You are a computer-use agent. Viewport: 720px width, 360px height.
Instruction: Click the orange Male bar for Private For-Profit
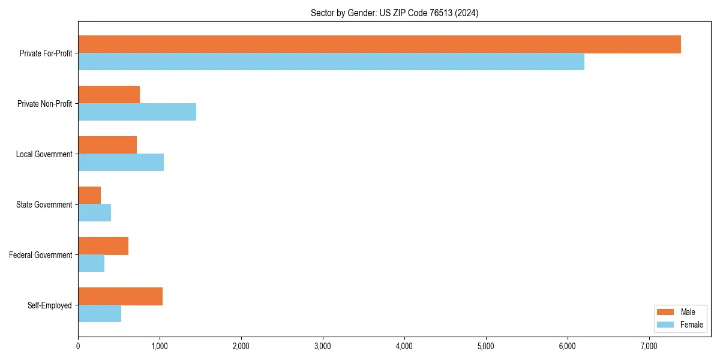point(379,44)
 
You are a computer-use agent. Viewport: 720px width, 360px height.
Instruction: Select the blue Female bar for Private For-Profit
point(331,62)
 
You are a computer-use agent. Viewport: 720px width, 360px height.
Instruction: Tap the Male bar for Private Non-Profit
point(109,95)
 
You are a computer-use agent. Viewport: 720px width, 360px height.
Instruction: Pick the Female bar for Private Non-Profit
point(137,112)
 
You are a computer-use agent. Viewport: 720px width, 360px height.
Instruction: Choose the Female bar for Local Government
point(121,163)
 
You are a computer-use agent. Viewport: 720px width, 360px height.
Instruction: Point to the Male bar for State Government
point(89,196)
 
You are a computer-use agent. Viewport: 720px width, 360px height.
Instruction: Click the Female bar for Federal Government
point(91,263)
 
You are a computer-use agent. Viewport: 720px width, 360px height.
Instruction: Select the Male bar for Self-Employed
point(120,296)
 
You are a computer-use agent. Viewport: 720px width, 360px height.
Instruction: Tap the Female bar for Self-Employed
point(100,314)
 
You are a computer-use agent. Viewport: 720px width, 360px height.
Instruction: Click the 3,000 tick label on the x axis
point(323,346)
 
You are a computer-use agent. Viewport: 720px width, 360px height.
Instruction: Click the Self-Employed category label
point(50,305)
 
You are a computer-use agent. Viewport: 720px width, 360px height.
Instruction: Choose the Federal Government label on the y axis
point(41,255)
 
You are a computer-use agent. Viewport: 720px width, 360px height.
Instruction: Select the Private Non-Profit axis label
point(44,104)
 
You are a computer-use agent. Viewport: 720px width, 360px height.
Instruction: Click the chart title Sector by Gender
point(394,13)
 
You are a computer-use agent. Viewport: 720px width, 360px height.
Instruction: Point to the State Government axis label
point(44,205)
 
